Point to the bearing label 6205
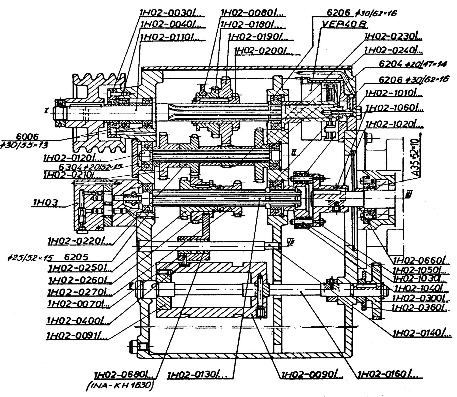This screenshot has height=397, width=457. tap(76, 257)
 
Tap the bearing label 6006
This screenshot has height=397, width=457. tap(27, 137)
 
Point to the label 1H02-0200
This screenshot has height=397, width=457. tap(263, 51)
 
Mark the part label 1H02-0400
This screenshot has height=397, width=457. tap(77, 321)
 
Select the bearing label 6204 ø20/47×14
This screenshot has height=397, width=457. tap(412, 64)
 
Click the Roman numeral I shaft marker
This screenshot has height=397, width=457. tap(46, 111)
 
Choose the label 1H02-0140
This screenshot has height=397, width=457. tap(422, 333)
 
